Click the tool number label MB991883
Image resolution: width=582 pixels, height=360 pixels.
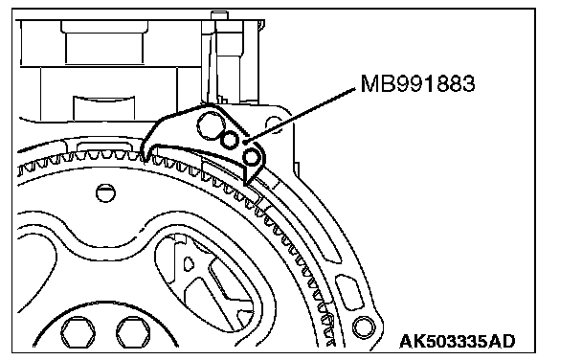(x=417, y=83)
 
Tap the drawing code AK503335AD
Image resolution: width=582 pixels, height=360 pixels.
(x=458, y=342)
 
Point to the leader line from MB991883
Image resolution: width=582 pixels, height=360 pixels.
(x=301, y=114)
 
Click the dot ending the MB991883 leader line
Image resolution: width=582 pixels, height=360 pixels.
(x=246, y=142)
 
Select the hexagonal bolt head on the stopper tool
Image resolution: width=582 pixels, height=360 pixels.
(x=210, y=125)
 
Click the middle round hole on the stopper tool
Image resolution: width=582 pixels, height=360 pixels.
(x=230, y=140)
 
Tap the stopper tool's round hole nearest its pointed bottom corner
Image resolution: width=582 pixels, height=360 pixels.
(x=252, y=156)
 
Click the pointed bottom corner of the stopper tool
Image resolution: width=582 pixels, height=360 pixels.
(x=245, y=184)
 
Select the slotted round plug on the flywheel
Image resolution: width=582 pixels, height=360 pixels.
(x=105, y=193)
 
